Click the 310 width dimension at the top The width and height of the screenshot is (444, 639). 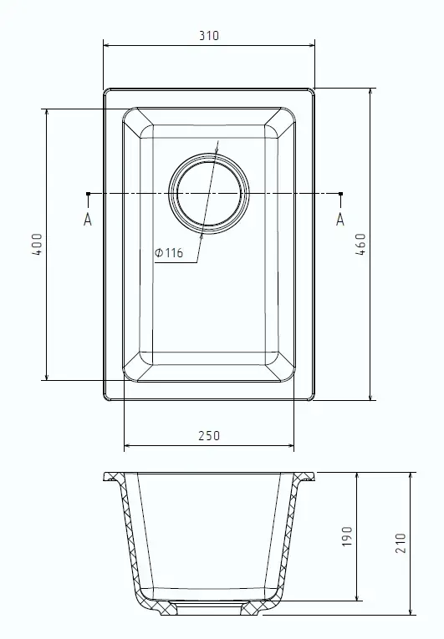(209, 35)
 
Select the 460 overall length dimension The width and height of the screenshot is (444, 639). (360, 244)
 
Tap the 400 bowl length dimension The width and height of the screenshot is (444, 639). (37, 244)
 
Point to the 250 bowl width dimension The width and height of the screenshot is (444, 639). (209, 436)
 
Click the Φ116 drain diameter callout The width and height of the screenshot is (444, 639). (169, 253)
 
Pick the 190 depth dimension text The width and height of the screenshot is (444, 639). (346, 536)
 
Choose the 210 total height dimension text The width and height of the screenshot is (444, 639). (401, 543)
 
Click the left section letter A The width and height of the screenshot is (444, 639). (88, 220)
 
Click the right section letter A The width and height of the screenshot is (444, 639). (340, 220)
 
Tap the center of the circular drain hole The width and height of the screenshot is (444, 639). (209, 194)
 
